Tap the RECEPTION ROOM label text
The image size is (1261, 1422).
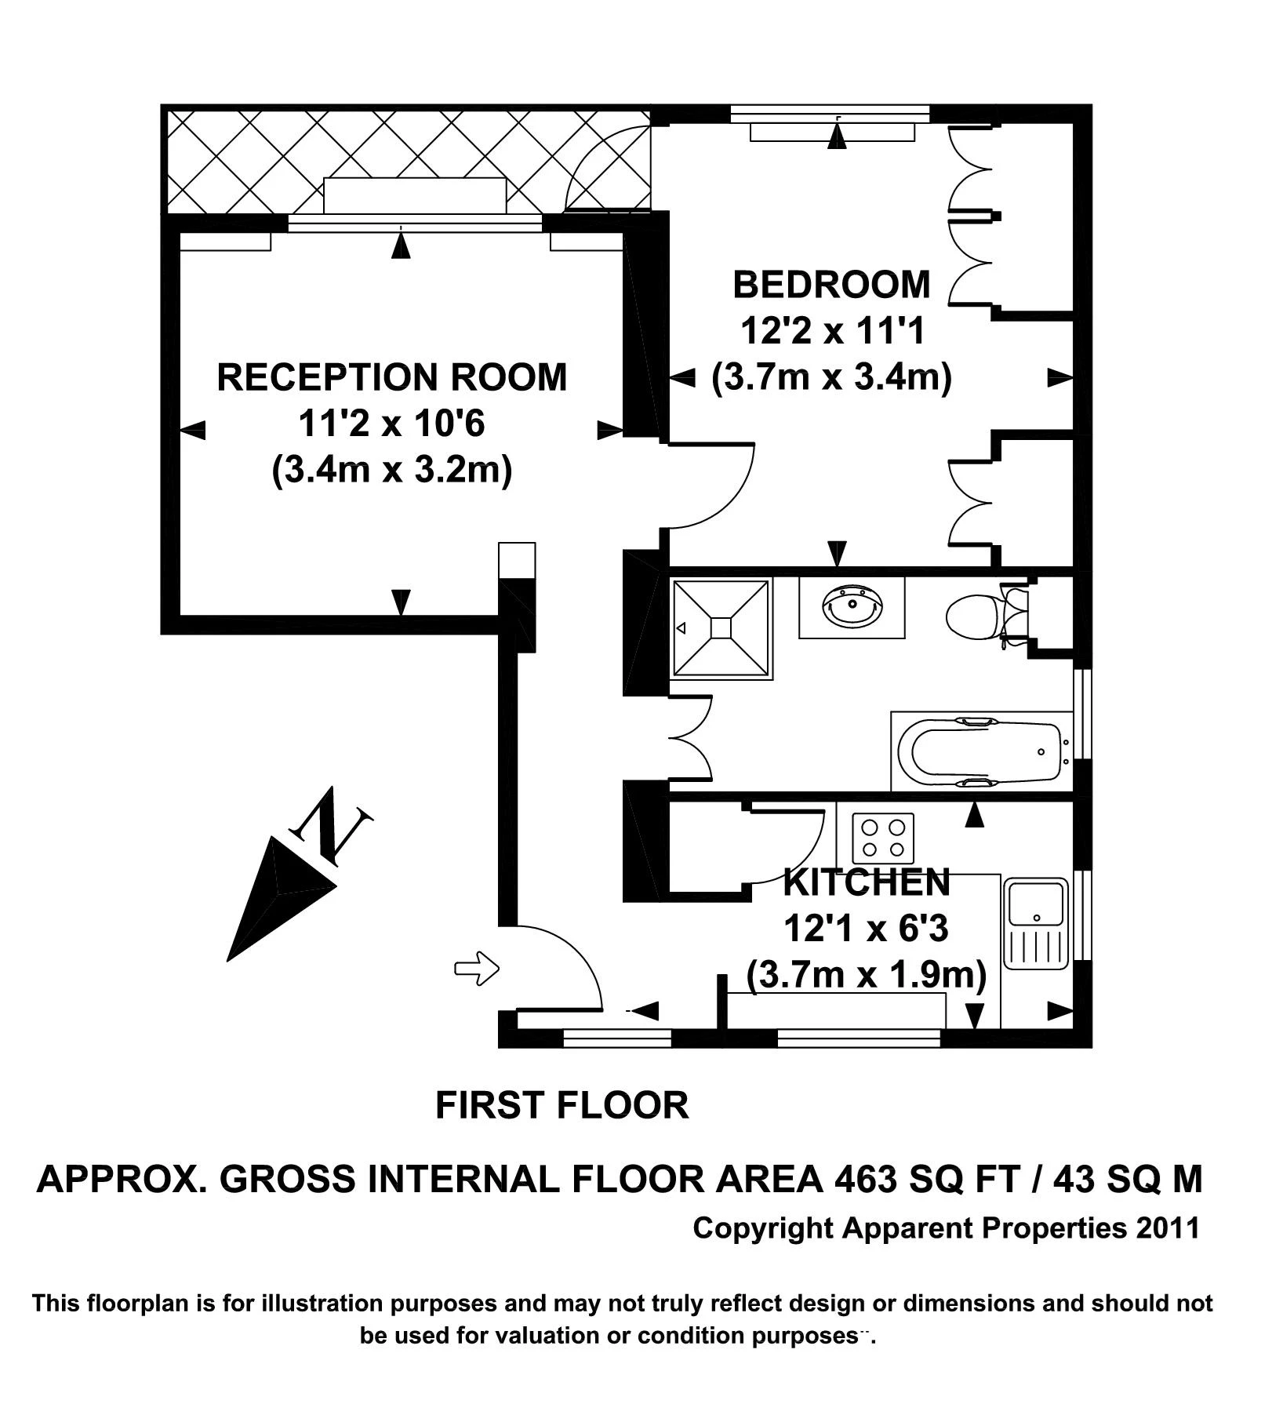pos(391,376)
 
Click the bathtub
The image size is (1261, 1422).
pos(980,751)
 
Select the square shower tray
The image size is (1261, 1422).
pos(720,627)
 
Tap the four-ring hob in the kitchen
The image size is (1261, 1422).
pos(883,838)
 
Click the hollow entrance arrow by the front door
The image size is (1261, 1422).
pos(477,969)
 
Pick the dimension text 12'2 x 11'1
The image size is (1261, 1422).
pos(831,331)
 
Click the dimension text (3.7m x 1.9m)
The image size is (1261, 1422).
pos(866,975)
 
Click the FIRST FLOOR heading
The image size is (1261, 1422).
pos(561,1106)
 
